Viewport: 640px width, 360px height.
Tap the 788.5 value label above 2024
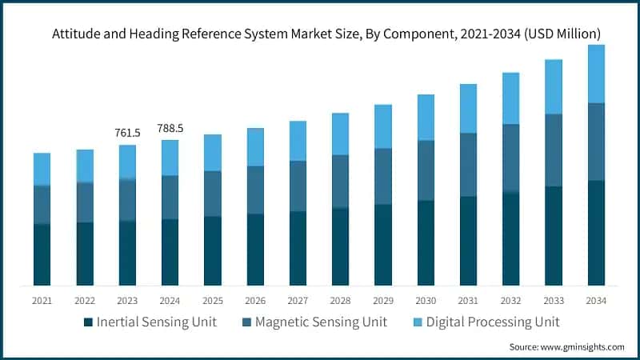pyautogui.click(x=170, y=128)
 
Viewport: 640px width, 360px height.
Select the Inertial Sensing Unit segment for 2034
pyautogui.click(x=596, y=233)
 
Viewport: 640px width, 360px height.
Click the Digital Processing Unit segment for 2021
pyautogui.click(x=42, y=169)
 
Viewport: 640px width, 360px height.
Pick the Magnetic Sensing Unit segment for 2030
pyautogui.click(x=426, y=170)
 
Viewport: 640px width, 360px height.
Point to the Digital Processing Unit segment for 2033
pyautogui.click(x=554, y=86)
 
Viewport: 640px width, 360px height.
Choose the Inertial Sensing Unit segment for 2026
pyautogui.click(x=255, y=250)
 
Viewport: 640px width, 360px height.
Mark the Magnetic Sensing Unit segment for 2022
pyautogui.click(x=85, y=202)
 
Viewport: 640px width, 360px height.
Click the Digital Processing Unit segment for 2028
pyautogui.click(x=341, y=134)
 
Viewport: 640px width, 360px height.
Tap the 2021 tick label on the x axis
pyautogui.click(x=42, y=301)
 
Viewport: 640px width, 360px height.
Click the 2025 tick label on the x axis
pyautogui.click(x=213, y=301)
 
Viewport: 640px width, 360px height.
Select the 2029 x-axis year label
pyautogui.click(x=383, y=301)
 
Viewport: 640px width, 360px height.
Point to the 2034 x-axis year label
pyautogui.click(x=596, y=301)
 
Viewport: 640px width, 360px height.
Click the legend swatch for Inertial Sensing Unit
pyautogui.click(x=87, y=322)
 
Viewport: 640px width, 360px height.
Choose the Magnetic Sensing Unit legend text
pyautogui.click(x=327, y=322)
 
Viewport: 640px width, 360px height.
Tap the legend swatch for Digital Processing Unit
pyautogui.click(x=418, y=322)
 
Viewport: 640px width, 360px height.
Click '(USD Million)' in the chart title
pyautogui.click(x=559, y=34)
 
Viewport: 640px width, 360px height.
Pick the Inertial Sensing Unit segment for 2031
pyautogui.click(x=468, y=241)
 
